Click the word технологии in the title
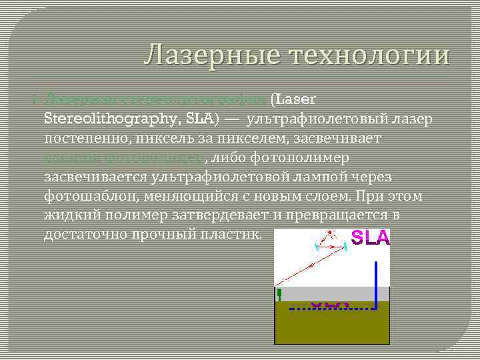pyautogui.click(x=364, y=55)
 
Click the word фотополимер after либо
pyautogui.click(x=301, y=158)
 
